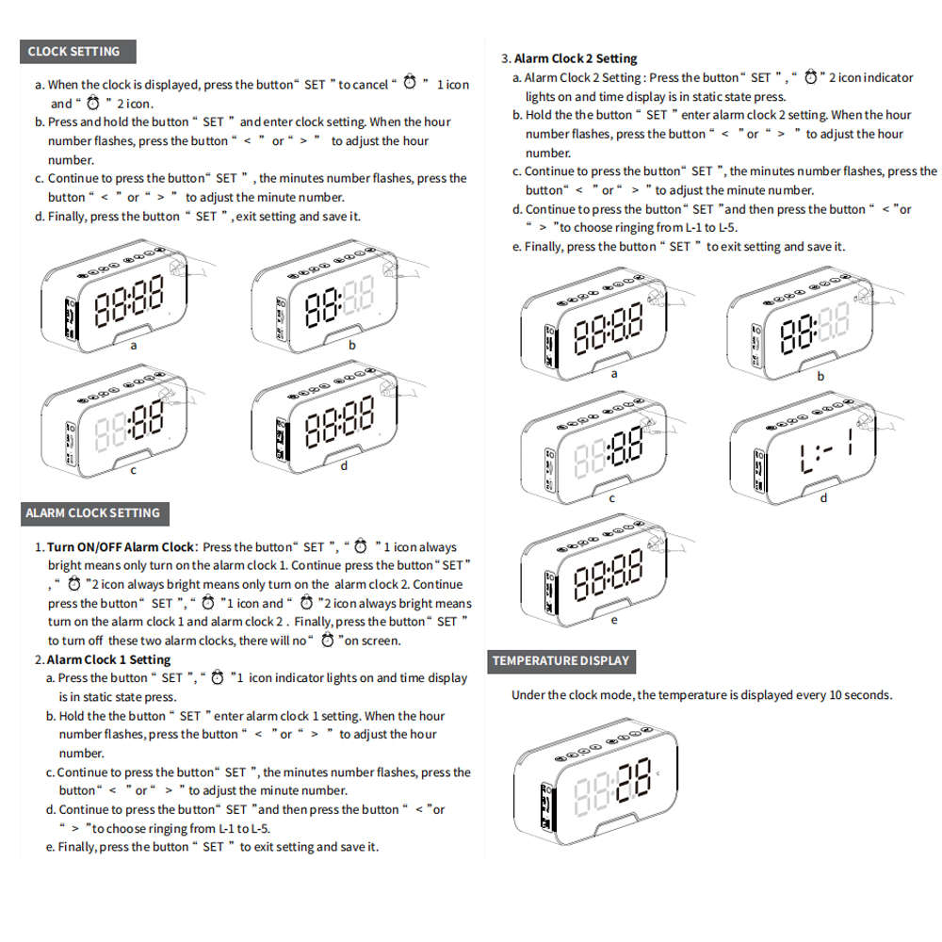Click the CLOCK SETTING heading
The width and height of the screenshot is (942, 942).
coord(74,51)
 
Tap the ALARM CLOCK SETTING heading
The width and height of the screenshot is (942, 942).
coord(92,513)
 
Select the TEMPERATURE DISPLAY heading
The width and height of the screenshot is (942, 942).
coord(560,660)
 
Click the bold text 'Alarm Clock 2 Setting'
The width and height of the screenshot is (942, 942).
coord(576,58)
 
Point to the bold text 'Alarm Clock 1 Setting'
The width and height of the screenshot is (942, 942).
coord(108,659)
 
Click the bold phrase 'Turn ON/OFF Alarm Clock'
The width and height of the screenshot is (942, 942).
coord(120,546)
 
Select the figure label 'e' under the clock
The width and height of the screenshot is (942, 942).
coord(614,620)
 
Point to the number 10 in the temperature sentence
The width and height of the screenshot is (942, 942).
coord(836,695)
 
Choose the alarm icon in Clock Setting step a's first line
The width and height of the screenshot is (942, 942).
coord(410,84)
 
